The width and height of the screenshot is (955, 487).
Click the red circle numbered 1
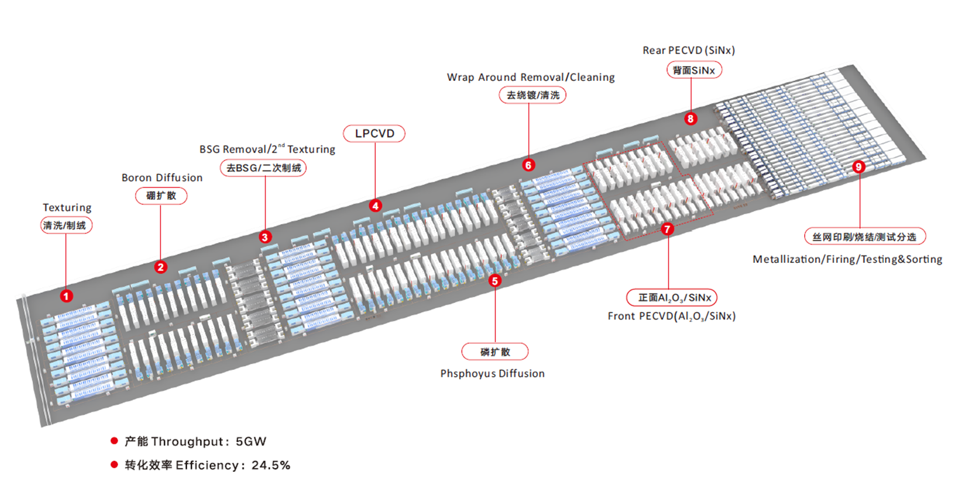tap(66, 295)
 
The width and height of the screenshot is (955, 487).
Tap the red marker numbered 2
tap(161, 267)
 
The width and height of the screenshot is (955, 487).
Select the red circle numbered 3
tap(265, 237)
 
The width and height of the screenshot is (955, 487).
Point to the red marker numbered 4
tap(376, 206)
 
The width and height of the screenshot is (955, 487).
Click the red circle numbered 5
tap(495, 279)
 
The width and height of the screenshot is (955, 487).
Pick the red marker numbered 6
tap(528, 165)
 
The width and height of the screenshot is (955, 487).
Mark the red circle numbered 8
tap(691, 118)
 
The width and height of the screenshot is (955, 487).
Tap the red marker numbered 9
tap(859, 167)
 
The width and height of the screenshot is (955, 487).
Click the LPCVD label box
tap(374, 133)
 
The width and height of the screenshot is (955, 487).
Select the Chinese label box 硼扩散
tap(162, 195)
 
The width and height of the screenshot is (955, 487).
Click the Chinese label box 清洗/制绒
tap(67, 225)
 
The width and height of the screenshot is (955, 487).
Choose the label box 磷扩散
tap(495, 351)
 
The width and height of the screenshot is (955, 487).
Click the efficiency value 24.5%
tap(271, 465)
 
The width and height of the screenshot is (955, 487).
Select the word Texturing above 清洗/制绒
tap(67, 208)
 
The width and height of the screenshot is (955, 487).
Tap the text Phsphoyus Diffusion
tap(492, 374)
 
